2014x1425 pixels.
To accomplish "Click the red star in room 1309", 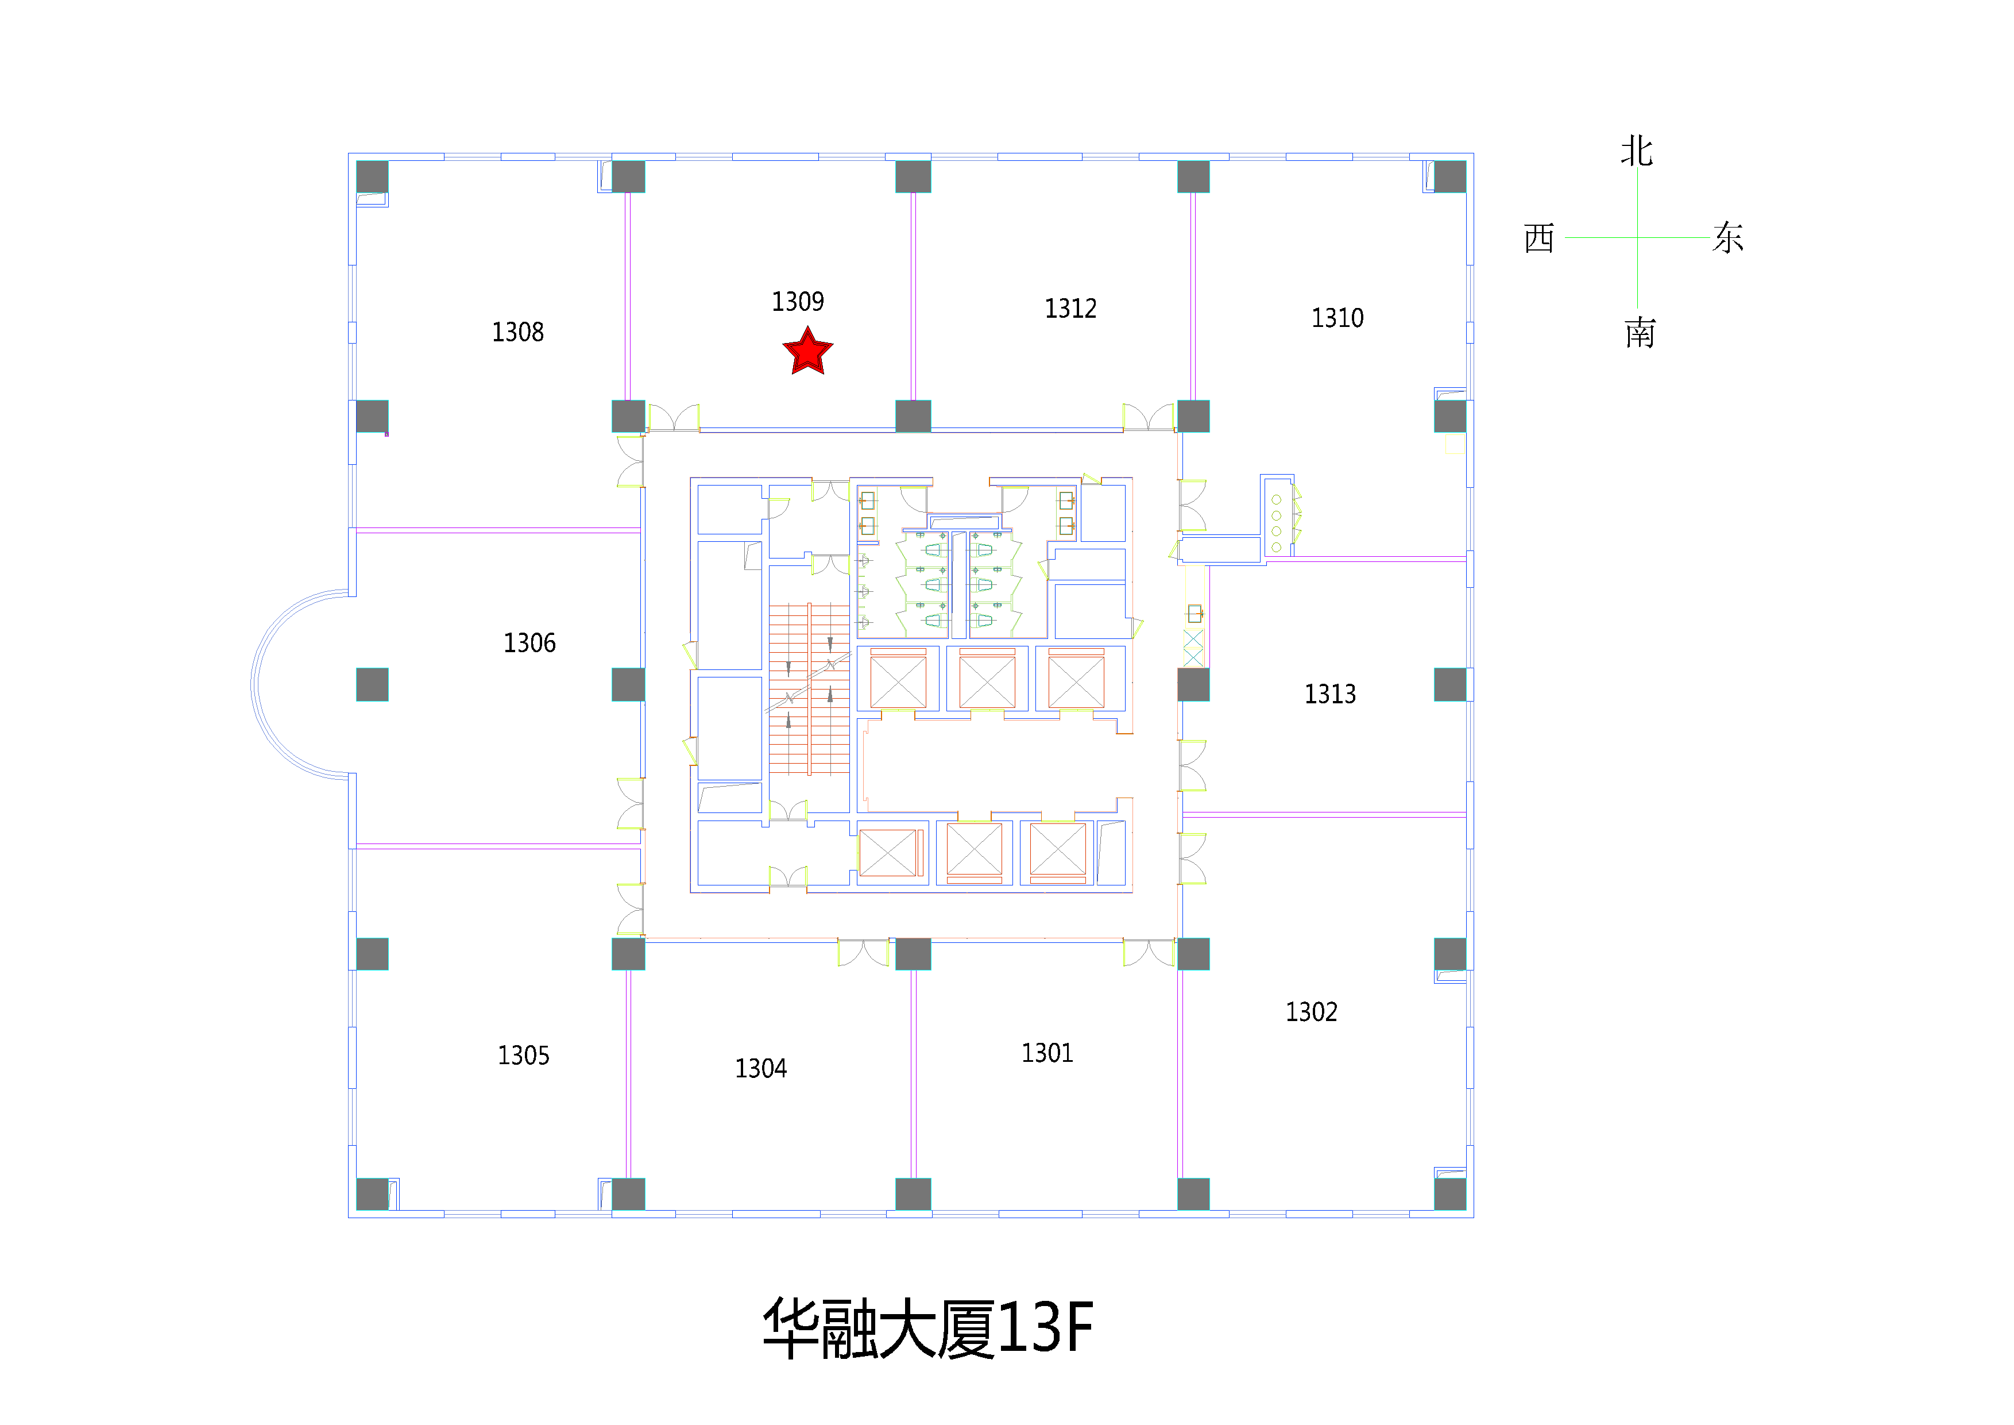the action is coord(807,352).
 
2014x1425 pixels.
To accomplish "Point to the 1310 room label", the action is coord(1337,318).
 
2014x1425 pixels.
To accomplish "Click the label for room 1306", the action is coord(529,643).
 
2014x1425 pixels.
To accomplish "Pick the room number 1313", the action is coord(1330,695).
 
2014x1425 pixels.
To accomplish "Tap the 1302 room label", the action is coord(1312,1012).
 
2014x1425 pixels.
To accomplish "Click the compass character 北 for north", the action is coord(1637,151).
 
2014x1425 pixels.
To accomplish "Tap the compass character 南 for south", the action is coord(1640,333).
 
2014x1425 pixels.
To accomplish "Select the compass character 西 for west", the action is coord(1540,238).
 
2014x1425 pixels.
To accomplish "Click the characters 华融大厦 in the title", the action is coord(879,1328).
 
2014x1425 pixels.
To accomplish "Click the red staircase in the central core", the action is coord(809,690).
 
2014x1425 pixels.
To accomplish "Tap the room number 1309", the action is coord(797,302).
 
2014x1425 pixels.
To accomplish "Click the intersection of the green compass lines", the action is coord(1637,237).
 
